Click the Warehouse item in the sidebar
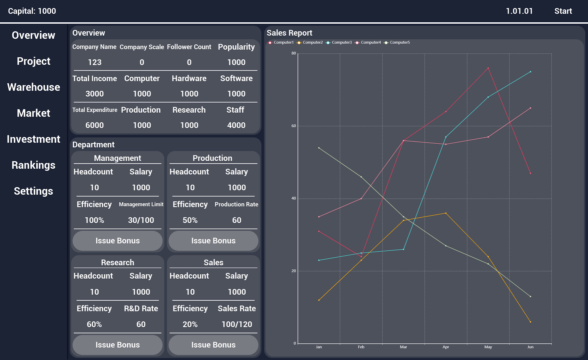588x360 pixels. (34, 87)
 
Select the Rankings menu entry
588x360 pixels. (34, 165)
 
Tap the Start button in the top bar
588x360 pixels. (563, 11)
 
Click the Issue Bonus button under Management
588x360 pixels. (118, 241)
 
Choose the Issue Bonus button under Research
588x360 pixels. (118, 345)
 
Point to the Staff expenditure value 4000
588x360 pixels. (236, 125)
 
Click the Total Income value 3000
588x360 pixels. (95, 94)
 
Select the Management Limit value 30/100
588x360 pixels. (141, 220)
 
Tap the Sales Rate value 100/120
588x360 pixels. (237, 324)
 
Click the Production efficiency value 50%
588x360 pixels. (190, 220)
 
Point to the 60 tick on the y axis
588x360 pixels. (294, 126)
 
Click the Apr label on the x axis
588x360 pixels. (446, 347)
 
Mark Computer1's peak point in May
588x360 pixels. (488, 68)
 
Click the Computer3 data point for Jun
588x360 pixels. (530, 72)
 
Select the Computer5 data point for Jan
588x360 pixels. (319, 148)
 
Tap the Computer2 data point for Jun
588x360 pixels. (530, 322)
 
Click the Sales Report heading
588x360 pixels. (289, 33)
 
